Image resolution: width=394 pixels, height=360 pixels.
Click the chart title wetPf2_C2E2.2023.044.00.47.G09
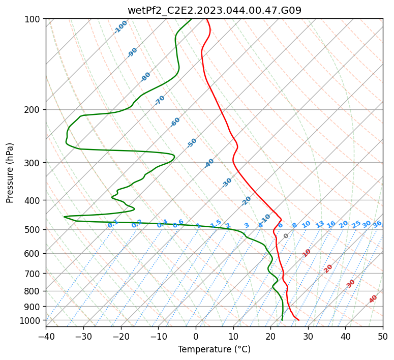tap(214, 10)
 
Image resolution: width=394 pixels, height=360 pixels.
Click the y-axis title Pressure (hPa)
tap(10, 172)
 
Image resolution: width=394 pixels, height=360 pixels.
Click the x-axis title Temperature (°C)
tap(214, 349)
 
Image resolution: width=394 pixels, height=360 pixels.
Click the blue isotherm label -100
tap(121, 26)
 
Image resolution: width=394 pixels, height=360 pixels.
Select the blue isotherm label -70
tap(160, 100)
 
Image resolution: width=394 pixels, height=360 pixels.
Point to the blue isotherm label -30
tap(227, 183)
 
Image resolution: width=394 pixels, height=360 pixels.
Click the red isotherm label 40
tap(373, 299)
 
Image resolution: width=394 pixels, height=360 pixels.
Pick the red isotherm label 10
tap(307, 253)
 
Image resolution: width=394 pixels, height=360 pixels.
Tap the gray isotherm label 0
tap(286, 236)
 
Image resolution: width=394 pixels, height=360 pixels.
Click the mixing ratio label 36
tap(377, 224)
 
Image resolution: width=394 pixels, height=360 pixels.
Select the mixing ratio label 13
tap(320, 224)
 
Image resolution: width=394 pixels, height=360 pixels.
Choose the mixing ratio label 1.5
tap(216, 223)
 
